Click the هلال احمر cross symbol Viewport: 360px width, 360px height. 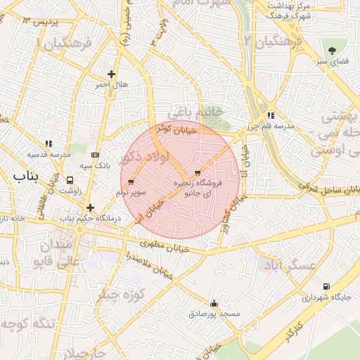pos(111,74)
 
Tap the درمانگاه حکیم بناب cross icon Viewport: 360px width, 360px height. pos(90,207)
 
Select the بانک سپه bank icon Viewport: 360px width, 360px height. pos(96,155)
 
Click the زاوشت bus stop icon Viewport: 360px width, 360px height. pos(70,180)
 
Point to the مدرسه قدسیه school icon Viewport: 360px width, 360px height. pos(49,143)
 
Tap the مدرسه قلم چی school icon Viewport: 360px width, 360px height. pos(271,116)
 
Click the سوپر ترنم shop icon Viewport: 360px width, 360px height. pos(131,182)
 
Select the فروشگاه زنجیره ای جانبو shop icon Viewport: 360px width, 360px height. pos(197,172)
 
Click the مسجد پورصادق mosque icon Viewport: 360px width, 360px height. pos(214,304)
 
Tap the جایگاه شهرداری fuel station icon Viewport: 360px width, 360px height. pos(326,286)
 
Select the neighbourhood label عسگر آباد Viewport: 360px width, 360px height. pos(288,265)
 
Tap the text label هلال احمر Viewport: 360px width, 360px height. pos(113,84)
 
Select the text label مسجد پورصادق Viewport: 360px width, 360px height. pos(214,313)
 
